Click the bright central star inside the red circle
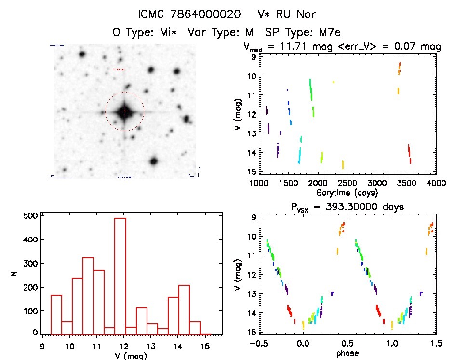pos(124,112)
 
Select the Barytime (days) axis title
pos(347,192)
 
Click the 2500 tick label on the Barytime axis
pos(348,183)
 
